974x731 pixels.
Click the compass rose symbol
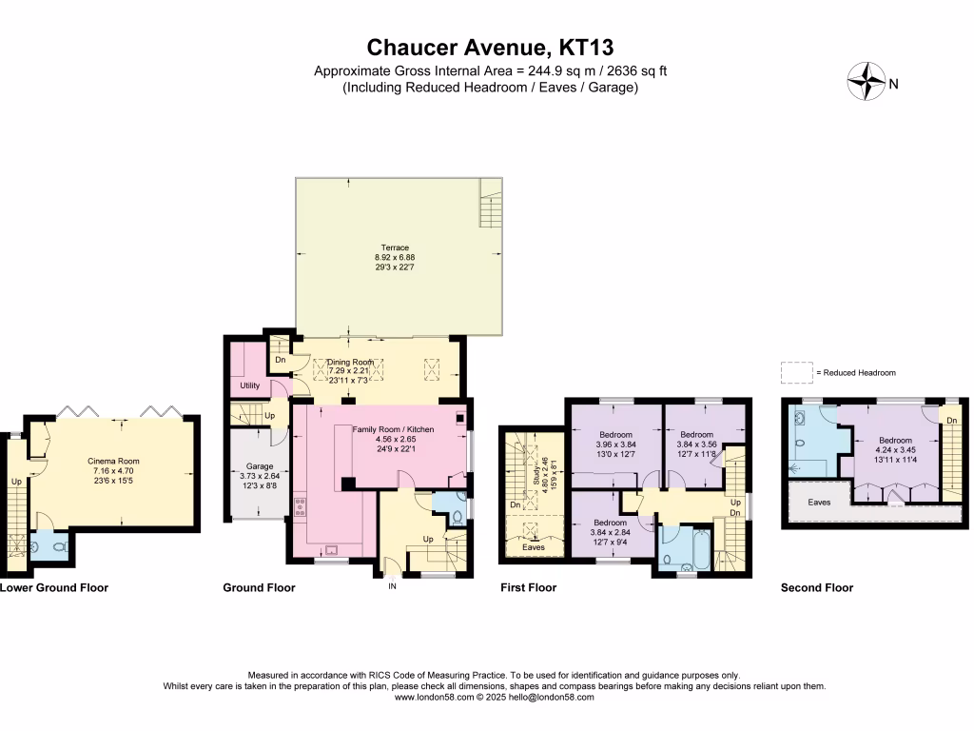point(865,81)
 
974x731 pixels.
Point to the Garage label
point(260,466)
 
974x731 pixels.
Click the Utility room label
point(250,385)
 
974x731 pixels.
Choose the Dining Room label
point(351,363)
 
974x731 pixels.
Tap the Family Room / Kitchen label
point(393,429)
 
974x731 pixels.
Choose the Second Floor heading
point(816,588)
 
